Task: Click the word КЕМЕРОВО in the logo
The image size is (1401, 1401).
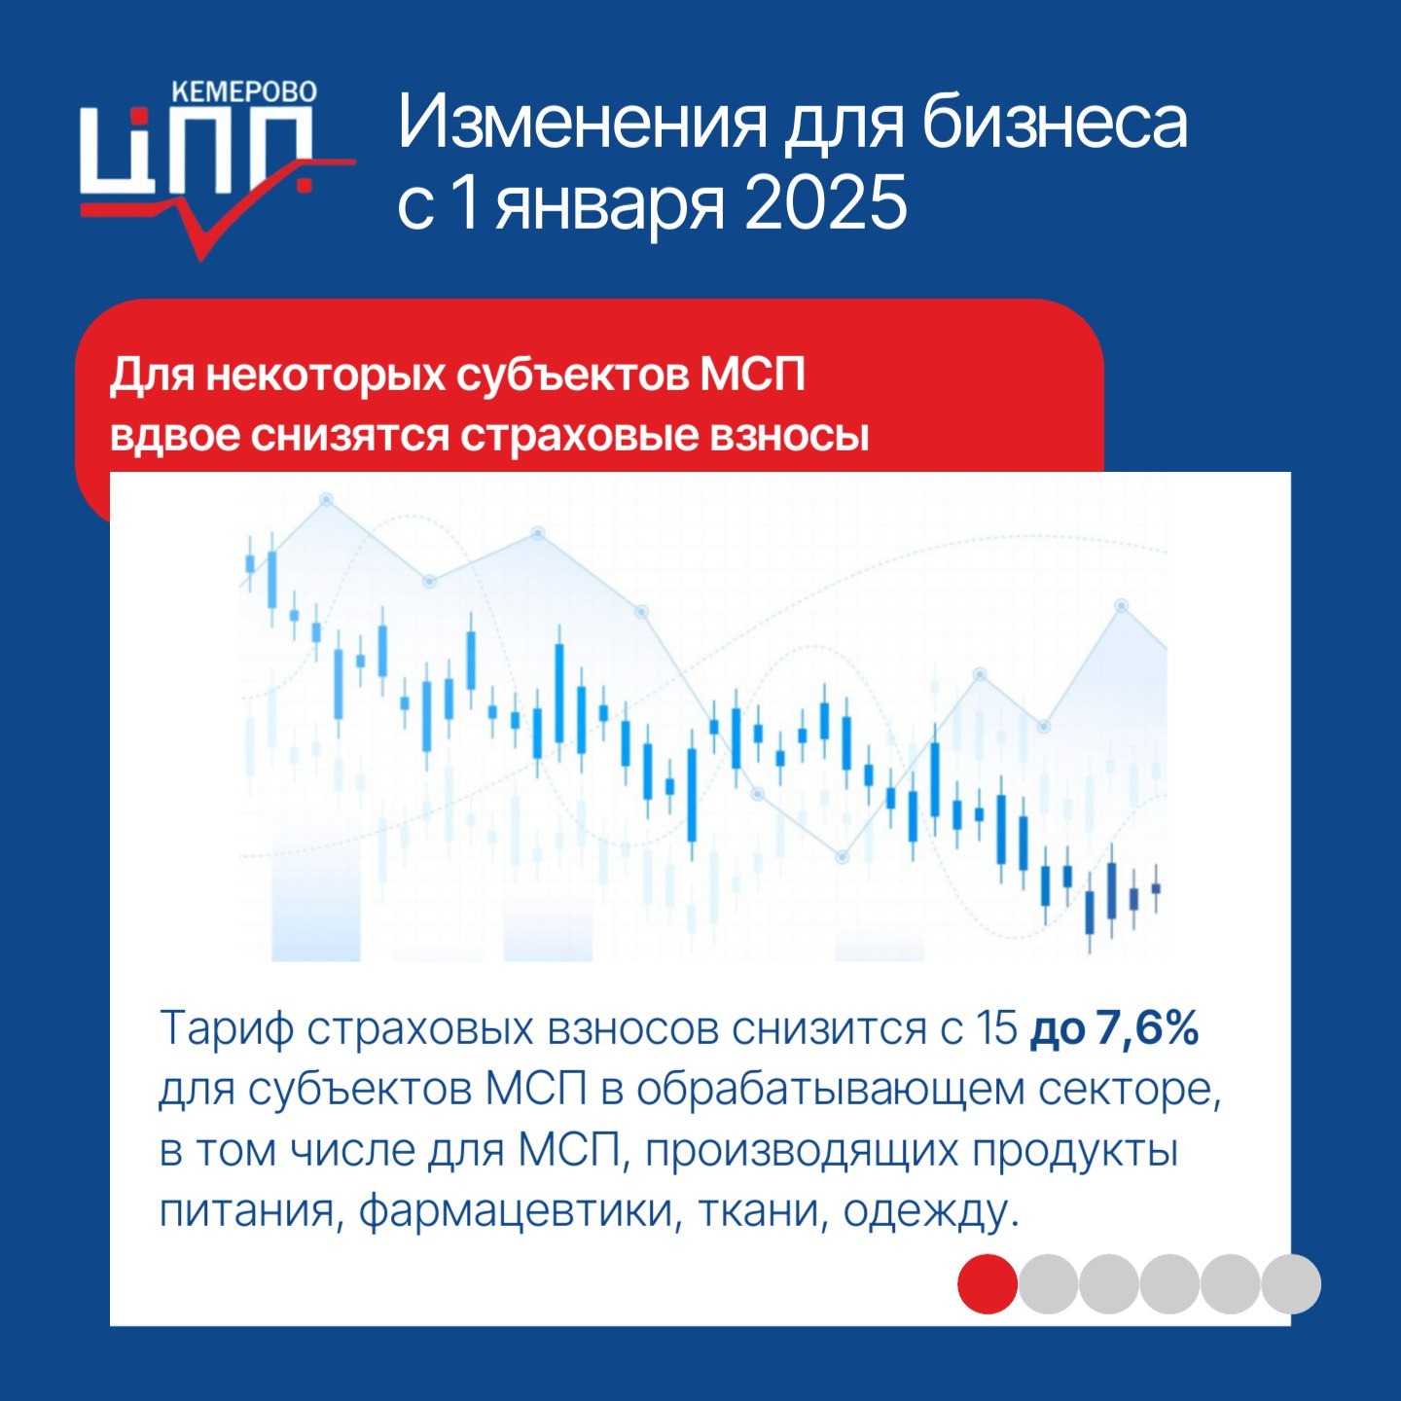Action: point(244,91)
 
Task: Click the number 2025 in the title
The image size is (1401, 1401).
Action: point(825,202)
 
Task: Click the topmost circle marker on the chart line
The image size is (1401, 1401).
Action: point(327,499)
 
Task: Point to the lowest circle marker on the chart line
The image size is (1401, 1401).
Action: point(844,858)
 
